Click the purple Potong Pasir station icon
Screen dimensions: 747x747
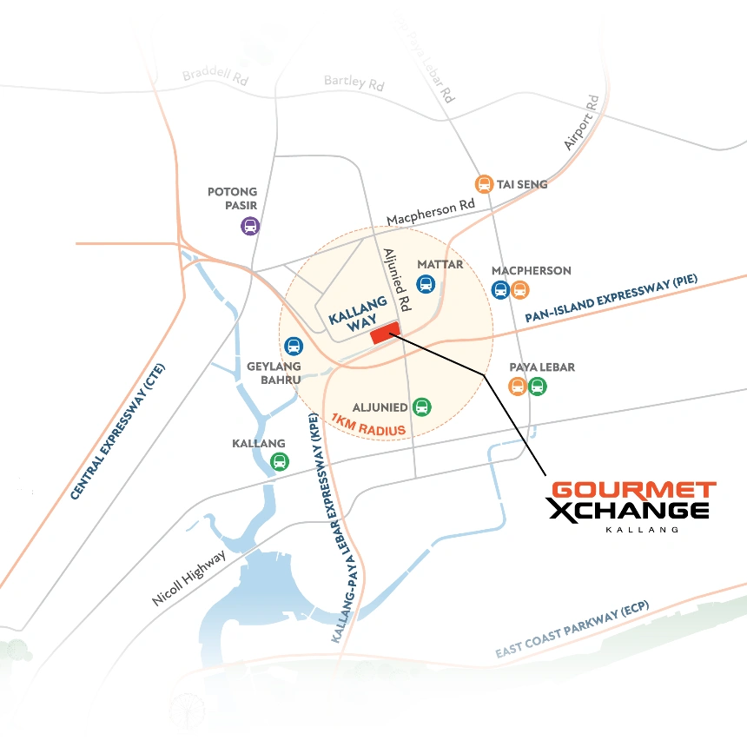(x=250, y=227)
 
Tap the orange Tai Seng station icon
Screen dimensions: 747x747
(x=484, y=184)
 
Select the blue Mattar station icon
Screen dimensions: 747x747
(x=426, y=284)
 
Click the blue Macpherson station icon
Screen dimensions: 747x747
(x=500, y=290)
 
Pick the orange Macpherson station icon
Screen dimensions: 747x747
(x=519, y=290)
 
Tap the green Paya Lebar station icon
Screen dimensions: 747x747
(x=537, y=387)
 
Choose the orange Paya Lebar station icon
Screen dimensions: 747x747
(x=518, y=387)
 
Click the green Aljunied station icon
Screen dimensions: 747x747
(x=421, y=407)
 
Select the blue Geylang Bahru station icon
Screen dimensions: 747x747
(x=294, y=347)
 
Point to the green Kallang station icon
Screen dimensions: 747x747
(x=279, y=462)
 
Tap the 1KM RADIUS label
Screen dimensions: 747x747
(x=369, y=425)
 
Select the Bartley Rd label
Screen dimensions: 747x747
(x=354, y=83)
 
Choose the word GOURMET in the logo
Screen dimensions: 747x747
(x=634, y=491)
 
